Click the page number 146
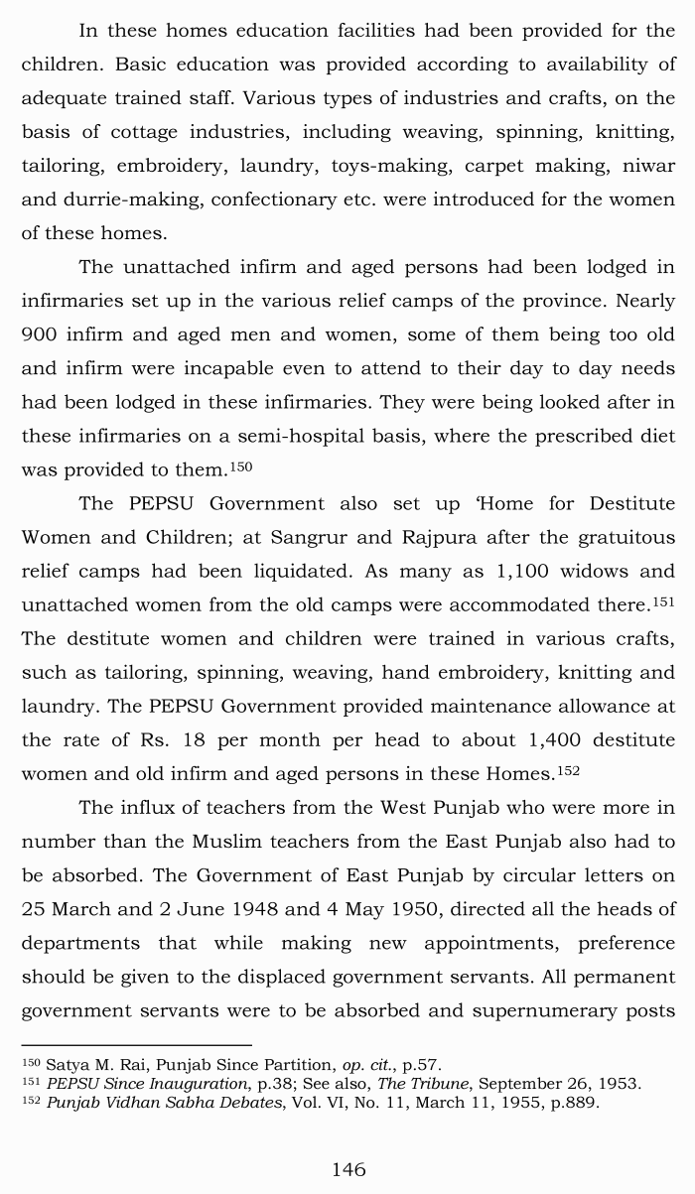pos(348,1170)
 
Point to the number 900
pos(39,334)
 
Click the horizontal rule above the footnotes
pos(136,1044)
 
